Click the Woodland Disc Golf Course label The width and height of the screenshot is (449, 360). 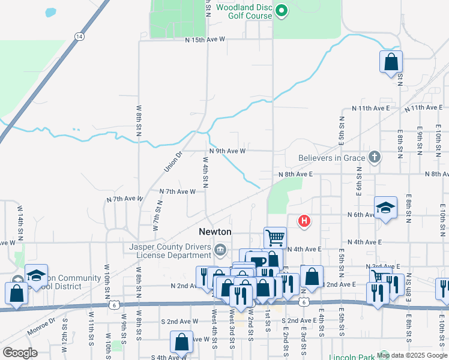244,11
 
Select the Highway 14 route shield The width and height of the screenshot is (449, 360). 79,37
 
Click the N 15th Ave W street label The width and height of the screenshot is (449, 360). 205,40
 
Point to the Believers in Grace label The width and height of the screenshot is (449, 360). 331,158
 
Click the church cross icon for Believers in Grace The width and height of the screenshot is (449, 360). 374,158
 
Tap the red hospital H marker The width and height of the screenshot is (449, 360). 304,221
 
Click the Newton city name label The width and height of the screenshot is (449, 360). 215,232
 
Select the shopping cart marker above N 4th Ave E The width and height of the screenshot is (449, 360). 275,237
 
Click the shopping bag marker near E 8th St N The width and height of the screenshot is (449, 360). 391,61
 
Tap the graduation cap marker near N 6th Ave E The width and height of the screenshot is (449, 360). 385,208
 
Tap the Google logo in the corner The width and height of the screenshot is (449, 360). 19,353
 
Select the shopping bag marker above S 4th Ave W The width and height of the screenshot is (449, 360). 181,342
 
